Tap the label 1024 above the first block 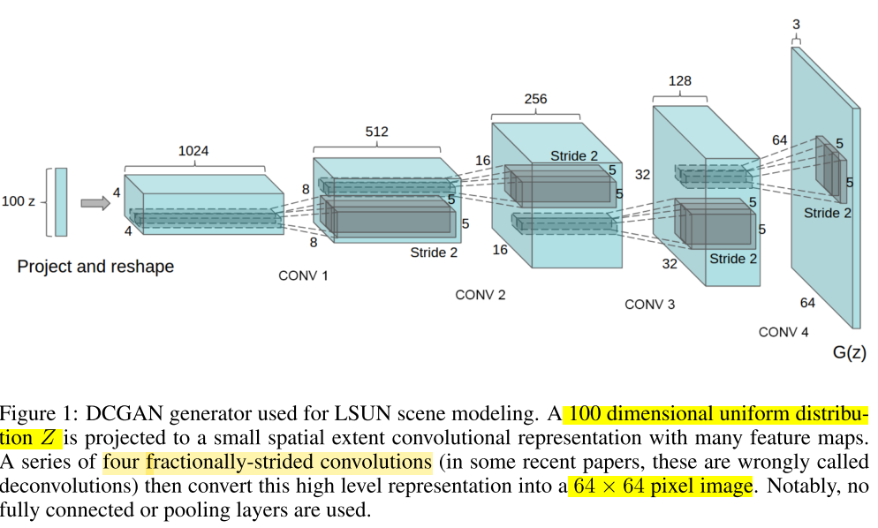point(193,151)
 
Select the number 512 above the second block point(376,132)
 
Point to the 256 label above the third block point(535,99)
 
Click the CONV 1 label point(303,275)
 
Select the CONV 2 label point(481,295)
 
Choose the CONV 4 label point(783,332)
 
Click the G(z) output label point(850,353)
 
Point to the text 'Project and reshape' point(95,267)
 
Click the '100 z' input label point(19,201)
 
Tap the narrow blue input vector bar point(61,202)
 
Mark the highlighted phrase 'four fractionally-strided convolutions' point(267,462)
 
